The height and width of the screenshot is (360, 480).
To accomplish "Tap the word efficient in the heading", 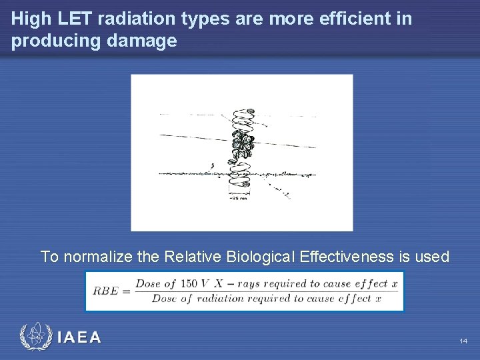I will pyautogui.click(x=357, y=19).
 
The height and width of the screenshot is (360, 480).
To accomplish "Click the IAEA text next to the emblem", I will pyautogui.click(x=79, y=337).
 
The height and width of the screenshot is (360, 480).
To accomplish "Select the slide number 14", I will pyautogui.click(x=463, y=341).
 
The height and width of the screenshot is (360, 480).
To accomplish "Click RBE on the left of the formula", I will pyautogui.click(x=106, y=291).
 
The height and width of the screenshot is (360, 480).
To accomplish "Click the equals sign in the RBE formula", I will pyautogui.click(x=127, y=291).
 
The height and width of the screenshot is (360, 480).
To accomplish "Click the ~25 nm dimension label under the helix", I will pyautogui.click(x=239, y=198).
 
